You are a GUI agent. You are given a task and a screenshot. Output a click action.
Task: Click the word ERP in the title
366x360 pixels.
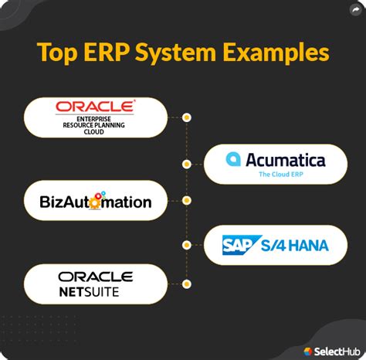(107, 53)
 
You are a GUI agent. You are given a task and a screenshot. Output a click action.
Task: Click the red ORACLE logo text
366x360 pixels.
(95, 107)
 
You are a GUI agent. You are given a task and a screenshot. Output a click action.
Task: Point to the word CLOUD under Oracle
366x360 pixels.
(93, 132)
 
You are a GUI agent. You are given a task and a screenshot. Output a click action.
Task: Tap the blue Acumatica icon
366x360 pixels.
(233, 159)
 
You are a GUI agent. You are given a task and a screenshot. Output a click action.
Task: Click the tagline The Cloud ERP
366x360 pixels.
(281, 175)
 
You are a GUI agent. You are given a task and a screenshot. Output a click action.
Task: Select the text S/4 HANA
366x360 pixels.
(295, 246)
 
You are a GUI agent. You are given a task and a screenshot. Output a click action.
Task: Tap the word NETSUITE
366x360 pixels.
(89, 292)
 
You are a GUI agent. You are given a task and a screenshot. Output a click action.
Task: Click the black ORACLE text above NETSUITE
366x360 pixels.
(96, 277)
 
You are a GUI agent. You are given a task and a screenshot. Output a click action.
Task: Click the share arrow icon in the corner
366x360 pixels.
(355, 10)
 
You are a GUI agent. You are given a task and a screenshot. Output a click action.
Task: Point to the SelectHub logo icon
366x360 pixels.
(308, 352)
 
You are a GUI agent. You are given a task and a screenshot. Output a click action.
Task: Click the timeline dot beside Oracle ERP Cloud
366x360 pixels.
(187, 117)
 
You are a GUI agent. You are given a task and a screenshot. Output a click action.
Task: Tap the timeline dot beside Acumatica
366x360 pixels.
(187, 164)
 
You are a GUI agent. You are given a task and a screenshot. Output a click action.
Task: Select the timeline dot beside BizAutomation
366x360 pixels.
(187, 200)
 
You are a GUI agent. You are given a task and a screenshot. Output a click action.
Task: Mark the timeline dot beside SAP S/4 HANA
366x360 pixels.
(187, 245)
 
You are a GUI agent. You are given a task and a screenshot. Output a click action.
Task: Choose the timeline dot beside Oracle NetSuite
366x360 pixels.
(187, 284)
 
